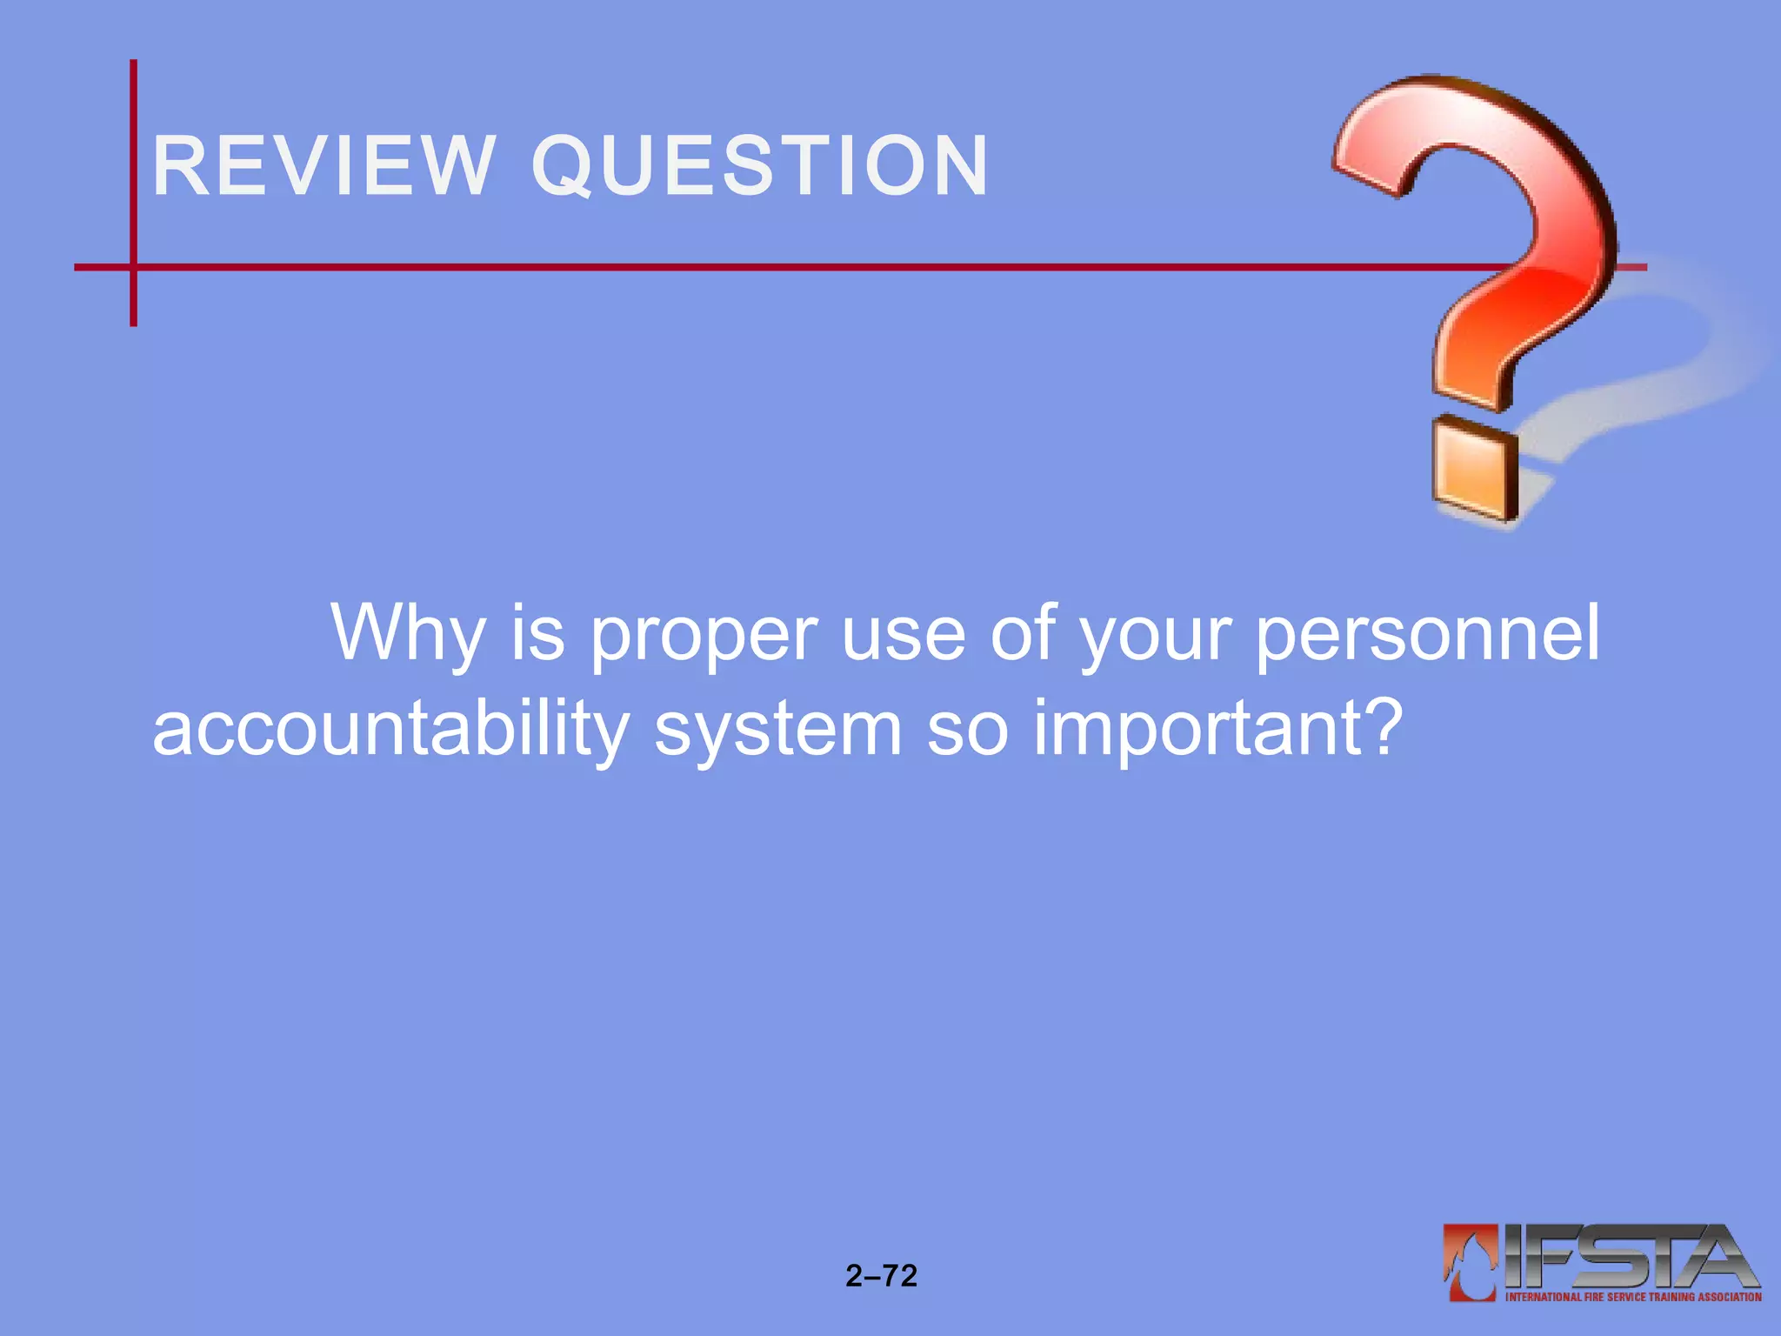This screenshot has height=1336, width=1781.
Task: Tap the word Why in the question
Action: tap(407, 633)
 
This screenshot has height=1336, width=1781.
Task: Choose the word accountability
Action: tap(390, 729)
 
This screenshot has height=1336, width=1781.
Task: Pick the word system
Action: tap(778, 729)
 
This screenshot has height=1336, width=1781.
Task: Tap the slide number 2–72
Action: tap(881, 1276)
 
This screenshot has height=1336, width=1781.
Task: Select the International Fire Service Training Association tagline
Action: tap(1633, 1297)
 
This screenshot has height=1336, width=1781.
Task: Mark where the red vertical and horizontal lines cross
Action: tap(133, 267)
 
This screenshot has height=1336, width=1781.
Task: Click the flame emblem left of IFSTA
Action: tap(1470, 1261)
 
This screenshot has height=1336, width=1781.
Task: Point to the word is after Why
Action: tap(537, 633)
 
